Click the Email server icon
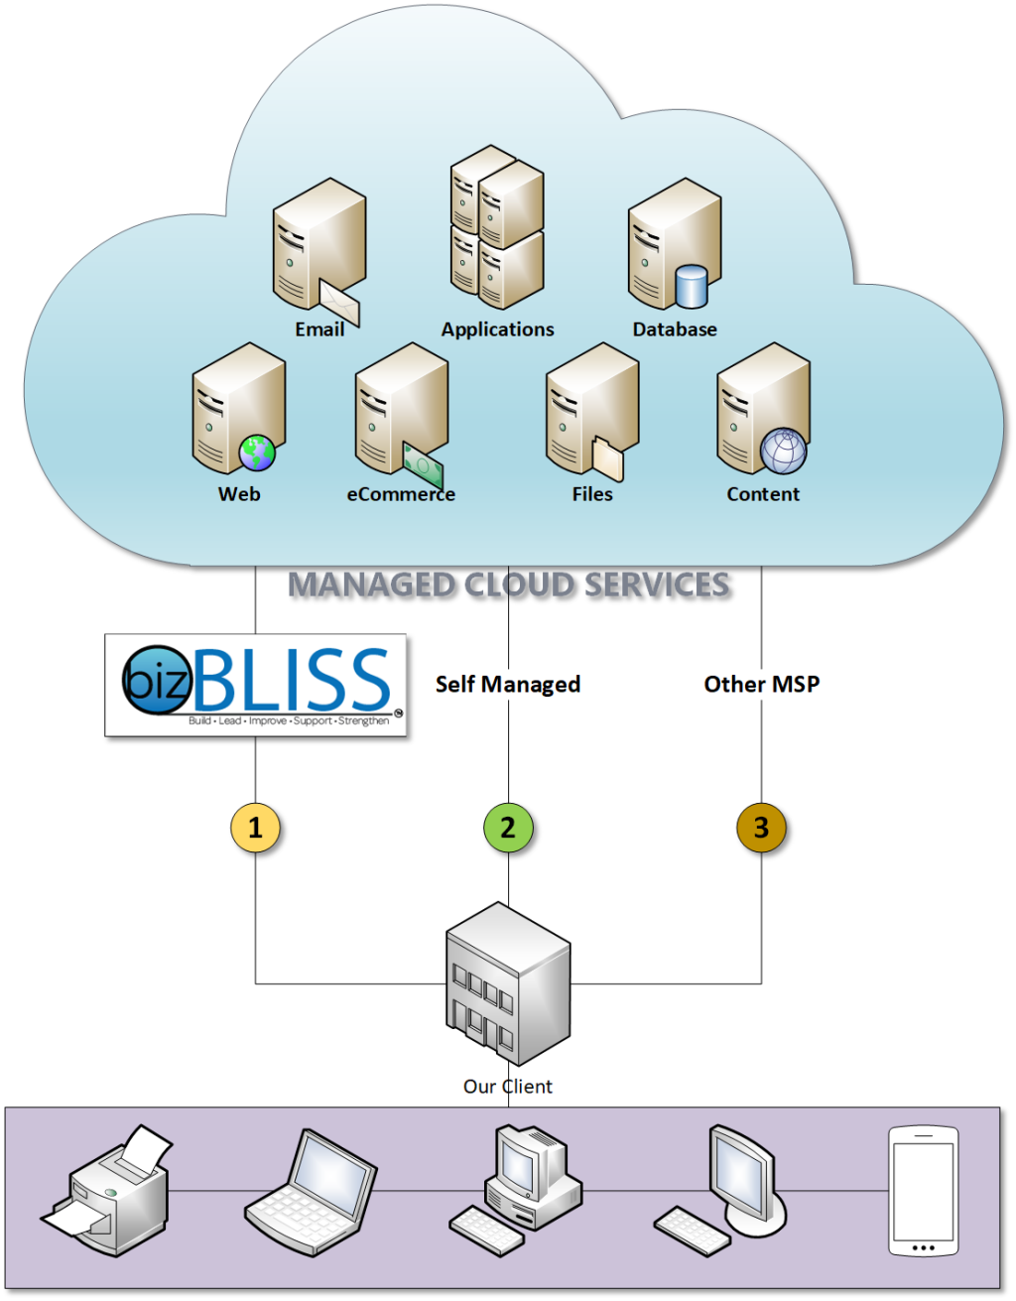(317, 250)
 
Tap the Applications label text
(497, 329)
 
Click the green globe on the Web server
(257, 454)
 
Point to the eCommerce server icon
(399, 412)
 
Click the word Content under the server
(762, 494)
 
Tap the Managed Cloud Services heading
(509, 585)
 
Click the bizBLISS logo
(256, 685)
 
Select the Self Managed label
(508, 684)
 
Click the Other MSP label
(761, 684)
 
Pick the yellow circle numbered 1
(255, 828)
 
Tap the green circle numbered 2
(508, 828)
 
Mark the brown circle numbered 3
(761, 828)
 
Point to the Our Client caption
(507, 1087)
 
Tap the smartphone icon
(923, 1191)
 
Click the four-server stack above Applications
(497, 227)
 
